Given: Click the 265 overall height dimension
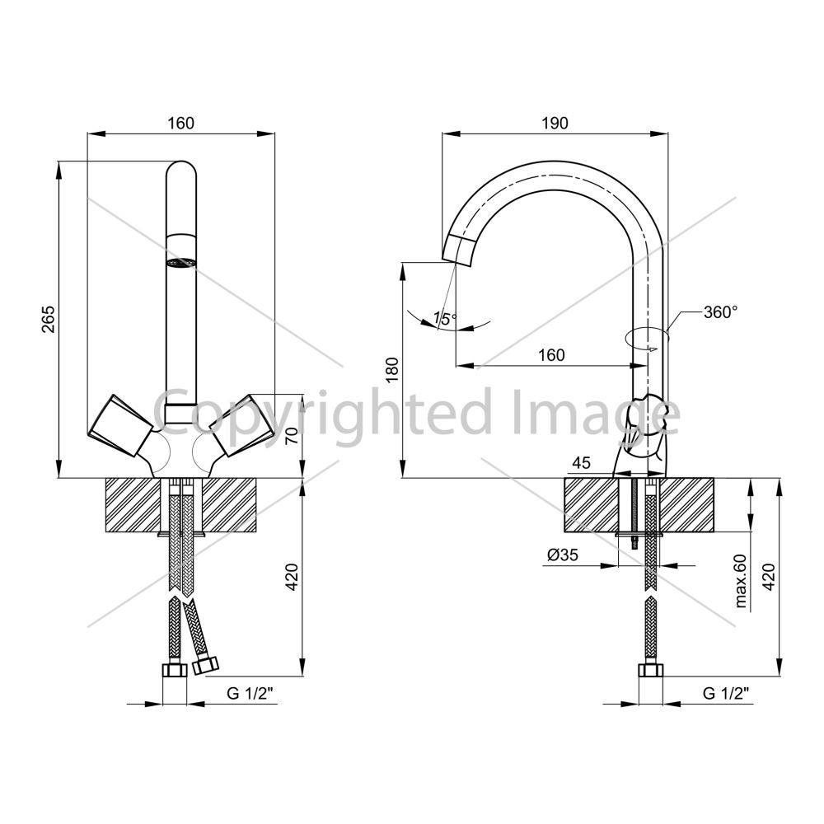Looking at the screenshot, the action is point(48,318).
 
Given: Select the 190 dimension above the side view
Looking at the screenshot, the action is point(555,123).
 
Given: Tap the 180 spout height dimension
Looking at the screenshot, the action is point(392,369).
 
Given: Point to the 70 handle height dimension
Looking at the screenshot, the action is point(293,435).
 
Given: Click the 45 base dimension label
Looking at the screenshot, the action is point(581,462).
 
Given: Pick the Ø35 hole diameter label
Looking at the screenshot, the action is point(562,555).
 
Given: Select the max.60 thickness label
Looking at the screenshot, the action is point(741,581).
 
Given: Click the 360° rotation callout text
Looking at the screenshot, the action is point(721,312).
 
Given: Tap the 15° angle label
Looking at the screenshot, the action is point(445,318).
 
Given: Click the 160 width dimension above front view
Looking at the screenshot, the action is point(180,123).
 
